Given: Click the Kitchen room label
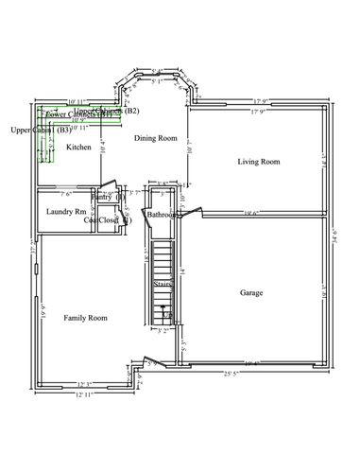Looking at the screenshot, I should tap(78, 148).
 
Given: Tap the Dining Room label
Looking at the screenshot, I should tap(155, 138).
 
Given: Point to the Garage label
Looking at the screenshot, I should tap(250, 292).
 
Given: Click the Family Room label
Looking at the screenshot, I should tap(85, 318).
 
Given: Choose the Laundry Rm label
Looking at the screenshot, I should tap(66, 211).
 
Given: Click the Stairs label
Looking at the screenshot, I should tap(163, 282).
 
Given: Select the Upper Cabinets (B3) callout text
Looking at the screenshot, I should tap(39, 130).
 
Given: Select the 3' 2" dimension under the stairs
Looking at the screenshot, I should tap(163, 332).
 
